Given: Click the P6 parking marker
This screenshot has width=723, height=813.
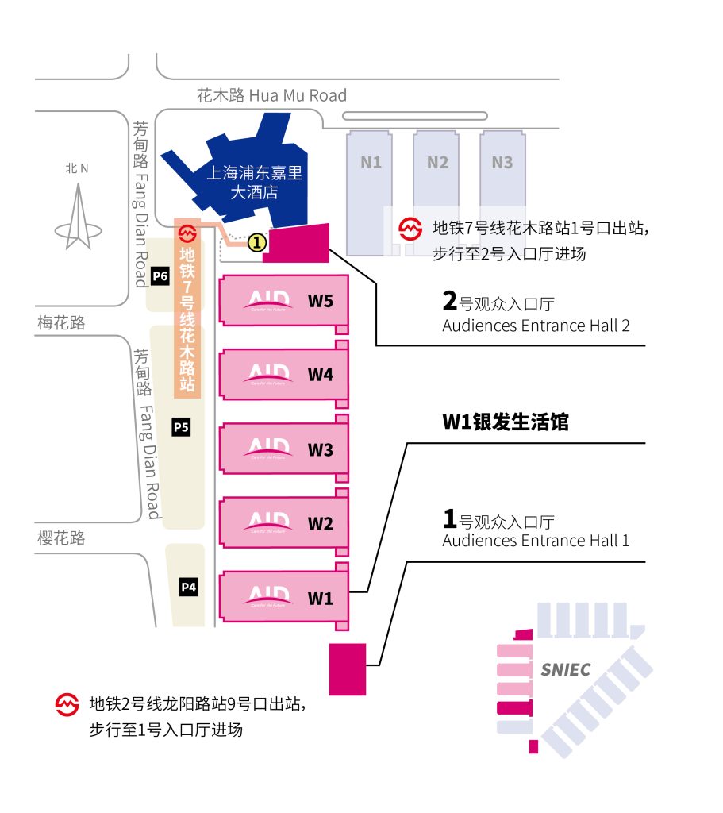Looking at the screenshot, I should click(160, 276).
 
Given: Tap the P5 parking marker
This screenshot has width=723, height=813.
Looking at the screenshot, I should click(182, 427).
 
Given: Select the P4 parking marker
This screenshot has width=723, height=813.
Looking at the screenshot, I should click(188, 588).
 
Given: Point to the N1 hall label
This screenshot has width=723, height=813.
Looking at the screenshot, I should click(371, 163).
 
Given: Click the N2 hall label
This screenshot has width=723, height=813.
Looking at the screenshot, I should click(437, 163).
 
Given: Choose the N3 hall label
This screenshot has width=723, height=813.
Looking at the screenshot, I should click(502, 163).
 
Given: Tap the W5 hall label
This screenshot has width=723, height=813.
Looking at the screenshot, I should click(320, 301).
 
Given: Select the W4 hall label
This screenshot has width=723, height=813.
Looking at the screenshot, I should click(320, 375).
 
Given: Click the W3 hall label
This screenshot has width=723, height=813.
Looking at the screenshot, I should click(320, 450).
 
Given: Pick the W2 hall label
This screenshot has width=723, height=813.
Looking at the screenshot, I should click(320, 524).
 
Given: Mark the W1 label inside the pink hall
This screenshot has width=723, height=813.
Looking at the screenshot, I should click(320, 599).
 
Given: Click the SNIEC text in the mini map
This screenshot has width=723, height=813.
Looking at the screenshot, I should click(565, 669).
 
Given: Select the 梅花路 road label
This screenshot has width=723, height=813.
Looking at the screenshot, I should click(61, 323).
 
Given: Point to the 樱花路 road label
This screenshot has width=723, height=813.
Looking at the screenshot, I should click(61, 538).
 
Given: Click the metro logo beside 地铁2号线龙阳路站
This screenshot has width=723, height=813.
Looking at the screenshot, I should click(67, 703).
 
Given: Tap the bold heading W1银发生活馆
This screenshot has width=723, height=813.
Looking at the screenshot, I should click(506, 422).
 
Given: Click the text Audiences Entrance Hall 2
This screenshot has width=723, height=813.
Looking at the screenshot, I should click(536, 326).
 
